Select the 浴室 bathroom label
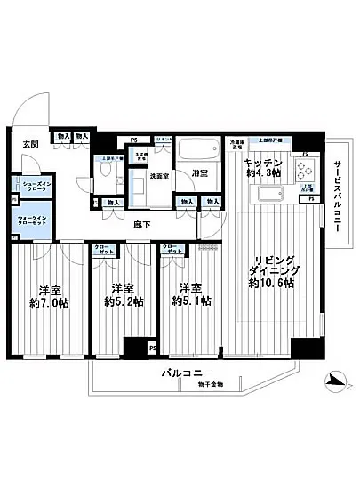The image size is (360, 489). point(201,174)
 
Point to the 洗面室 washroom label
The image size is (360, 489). point(160,175)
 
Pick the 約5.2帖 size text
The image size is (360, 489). point(124,303)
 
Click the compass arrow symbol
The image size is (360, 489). point(336,381)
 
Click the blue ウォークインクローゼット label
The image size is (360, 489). point(33,220)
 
